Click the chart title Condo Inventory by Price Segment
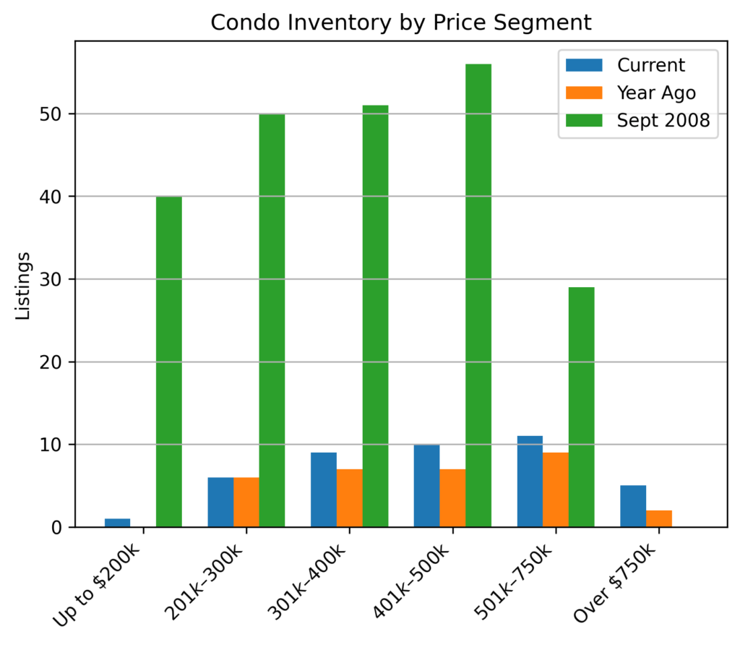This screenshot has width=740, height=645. [401, 22]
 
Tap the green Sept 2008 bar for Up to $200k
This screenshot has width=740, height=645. [169, 362]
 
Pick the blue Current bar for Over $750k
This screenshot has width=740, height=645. [633, 506]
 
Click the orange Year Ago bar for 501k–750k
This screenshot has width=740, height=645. [556, 490]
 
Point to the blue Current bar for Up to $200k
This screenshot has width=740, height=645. [118, 523]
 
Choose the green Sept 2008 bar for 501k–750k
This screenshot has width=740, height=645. [582, 407]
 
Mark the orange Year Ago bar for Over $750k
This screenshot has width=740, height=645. [659, 518]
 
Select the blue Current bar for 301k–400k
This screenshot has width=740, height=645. [324, 490]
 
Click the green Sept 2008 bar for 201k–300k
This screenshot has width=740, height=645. [272, 320]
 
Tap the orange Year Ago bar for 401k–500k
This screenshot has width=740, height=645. [452, 497]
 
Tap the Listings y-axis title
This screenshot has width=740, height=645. [24, 286]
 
